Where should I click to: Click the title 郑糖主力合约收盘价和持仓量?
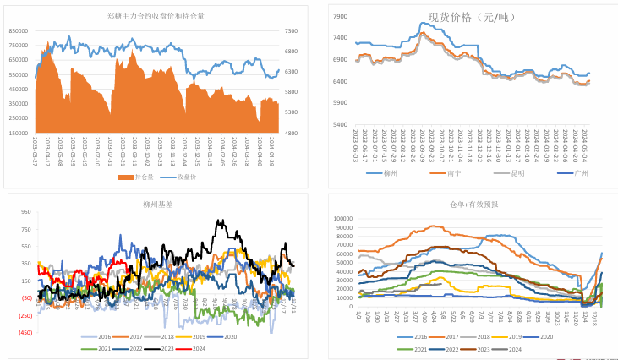pyautogui.click(x=156, y=15)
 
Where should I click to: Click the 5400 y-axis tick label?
pyautogui.click(x=339, y=124)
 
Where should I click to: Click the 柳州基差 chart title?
pyautogui.click(x=156, y=204)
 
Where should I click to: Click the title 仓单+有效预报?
pyautogui.click(x=474, y=205)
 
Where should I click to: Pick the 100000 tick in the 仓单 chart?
pyautogui.click(x=342, y=218)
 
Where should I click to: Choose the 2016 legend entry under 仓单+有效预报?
pyautogui.click(x=415, y=336)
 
